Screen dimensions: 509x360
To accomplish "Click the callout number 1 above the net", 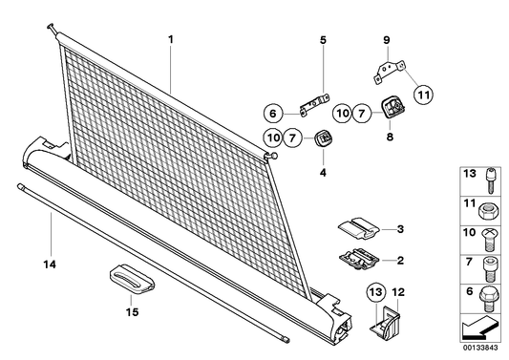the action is pyautogui.click(x=171, y=40).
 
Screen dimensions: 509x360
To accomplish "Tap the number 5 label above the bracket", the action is pyautogui.click(x=323, y=40).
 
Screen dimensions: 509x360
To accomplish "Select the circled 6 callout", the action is pyautogui.click(x=273, y=114).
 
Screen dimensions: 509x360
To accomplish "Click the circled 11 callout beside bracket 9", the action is pyautogui.click(x=424, y=95).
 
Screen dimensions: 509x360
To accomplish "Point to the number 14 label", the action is pyautogui.click(x=50, y=265).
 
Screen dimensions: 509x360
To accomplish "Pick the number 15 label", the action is pyautogui.click(x=132, y=312).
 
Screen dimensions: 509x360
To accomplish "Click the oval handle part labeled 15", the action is pyautogui.click(x=132, y=279).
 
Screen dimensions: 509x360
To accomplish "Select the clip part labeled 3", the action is pyautogui.click(x=359, y=228).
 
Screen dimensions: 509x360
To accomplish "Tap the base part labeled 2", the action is pyautogui.click(x=359, y=259).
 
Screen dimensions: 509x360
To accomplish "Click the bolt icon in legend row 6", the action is pyautogui.click(x=488, y=299).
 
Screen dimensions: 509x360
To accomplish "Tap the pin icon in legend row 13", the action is pyautogui.click(x=491, y=180).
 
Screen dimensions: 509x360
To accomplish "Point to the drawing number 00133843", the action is pyautogui.click(x=480, y=348).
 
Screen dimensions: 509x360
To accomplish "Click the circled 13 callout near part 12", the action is pyautogui.click(x=376, y=292).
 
